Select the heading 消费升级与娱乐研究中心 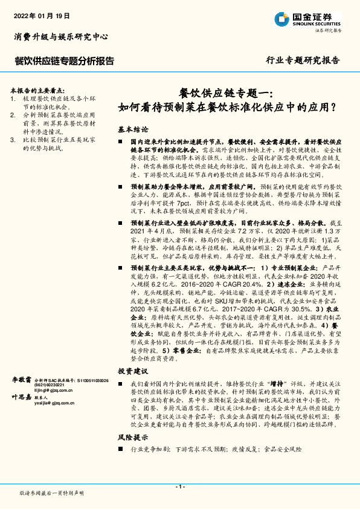pos(61,37)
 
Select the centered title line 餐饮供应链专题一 pos(227,93)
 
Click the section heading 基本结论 pos(133,129)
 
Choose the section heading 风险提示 pos(133,436)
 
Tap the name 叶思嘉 pos(22,397)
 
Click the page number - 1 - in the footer pos(179,487)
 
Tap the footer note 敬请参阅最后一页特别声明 pos(51,493)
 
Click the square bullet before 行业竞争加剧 pos(121,449)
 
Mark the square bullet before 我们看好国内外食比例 pos(121,383)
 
